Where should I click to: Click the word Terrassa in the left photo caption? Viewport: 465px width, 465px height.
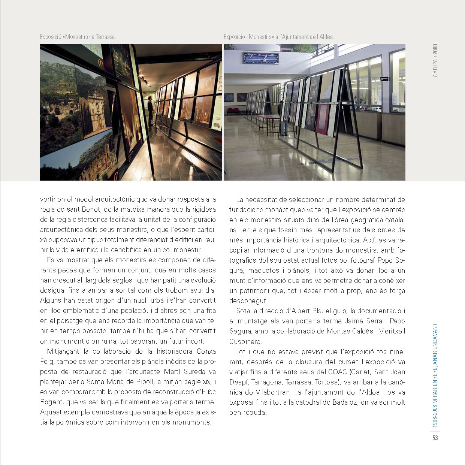point(106,37)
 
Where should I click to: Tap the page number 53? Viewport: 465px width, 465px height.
point(435,438)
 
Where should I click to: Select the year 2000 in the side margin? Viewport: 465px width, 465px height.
point(435,50)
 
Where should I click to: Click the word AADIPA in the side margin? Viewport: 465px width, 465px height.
point(435,68)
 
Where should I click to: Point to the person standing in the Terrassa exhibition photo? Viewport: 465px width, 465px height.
point(150,111)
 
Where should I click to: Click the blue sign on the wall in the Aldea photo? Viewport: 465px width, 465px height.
point(261,58)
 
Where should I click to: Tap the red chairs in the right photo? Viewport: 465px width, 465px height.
point(233,111)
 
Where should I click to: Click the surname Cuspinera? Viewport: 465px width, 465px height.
point(245,341)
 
